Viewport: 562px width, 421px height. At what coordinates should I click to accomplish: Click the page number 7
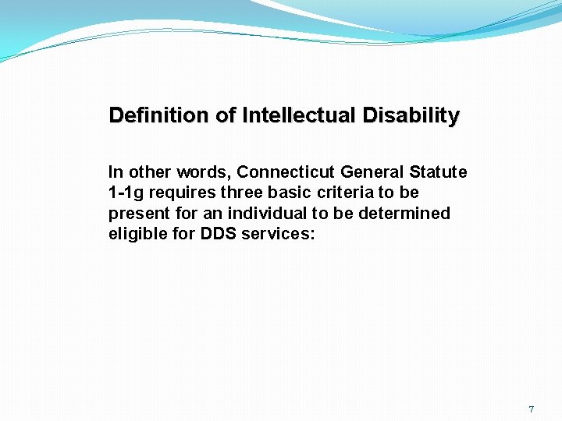531,409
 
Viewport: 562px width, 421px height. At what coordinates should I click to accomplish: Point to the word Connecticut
286,172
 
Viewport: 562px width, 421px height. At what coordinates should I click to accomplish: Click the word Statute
438,172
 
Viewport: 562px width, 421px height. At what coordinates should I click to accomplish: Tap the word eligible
134,235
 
